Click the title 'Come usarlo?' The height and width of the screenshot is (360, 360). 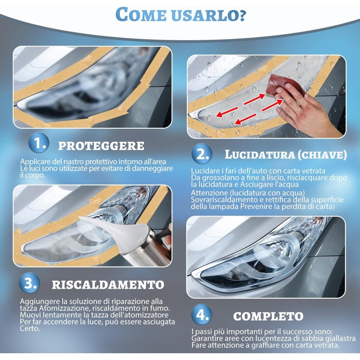pyautogui.click(x=180, y=14)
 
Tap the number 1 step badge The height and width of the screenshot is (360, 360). pyautogui.click(x=39, y=143)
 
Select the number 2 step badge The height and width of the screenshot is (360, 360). pyautogui.click(x=202, y=153)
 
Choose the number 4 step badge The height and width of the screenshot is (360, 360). pyautogui.click(x=202, y=314)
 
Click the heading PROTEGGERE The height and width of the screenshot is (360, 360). pyautogui.click(x=101, y=146)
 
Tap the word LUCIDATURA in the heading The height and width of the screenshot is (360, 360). pyautogui.click(x=260, y=154)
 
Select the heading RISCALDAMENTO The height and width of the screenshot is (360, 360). pyautogui.click(x=108, y=285)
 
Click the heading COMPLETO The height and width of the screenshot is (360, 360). pyautogui.click(x=268, y=316)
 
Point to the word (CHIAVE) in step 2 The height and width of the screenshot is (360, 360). pyautogui.click(x=322, y=155)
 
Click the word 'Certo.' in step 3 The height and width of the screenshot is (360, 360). pyautogui.click(x=30, y=328)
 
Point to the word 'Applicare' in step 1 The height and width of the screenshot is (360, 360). pyautogui.click(x=35, y=162)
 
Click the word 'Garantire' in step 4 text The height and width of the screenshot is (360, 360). pyautogui.click(x=207, y=338)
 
